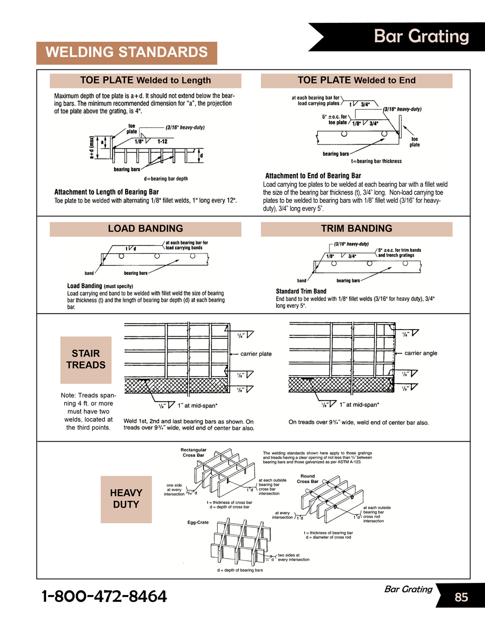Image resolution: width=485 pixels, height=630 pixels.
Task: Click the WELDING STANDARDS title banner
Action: pos(127,52)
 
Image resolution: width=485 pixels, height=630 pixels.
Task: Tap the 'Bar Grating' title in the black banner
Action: pos(421,36)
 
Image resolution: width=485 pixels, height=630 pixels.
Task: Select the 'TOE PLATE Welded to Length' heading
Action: pos(145,80)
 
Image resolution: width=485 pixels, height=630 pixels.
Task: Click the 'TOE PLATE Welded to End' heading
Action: pos(356,80)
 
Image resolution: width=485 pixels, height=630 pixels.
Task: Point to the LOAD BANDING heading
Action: pos(145,229)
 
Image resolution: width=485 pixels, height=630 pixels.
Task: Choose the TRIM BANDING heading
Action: pos(356,229)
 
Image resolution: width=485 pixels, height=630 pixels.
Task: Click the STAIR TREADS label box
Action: pos(86,360)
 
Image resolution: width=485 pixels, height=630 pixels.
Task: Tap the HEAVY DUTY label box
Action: pos(126,499)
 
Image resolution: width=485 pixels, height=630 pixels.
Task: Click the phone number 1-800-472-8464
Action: pos(104,597)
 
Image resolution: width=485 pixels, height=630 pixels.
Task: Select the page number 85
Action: pos(461,597)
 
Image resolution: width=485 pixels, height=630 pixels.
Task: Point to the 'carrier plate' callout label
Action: pos(256,354)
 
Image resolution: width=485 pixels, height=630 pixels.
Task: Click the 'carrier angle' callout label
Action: pos(421,353)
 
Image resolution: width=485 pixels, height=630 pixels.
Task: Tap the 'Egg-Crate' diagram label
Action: pos(198,523)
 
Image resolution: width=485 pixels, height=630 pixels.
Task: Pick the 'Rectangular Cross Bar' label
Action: pos(194,453)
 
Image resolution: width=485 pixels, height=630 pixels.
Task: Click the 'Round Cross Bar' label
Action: pos(307,479)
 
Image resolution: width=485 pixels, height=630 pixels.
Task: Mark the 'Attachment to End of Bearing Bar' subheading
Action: pos(313,176)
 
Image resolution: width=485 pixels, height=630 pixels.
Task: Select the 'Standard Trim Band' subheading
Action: pos(301,291)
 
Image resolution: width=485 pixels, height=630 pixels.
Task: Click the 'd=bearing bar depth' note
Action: pos(166,179)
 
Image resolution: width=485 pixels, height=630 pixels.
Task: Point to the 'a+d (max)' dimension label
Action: pos(91,148)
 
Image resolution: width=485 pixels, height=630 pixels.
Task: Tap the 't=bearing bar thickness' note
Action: pos(376,161)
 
